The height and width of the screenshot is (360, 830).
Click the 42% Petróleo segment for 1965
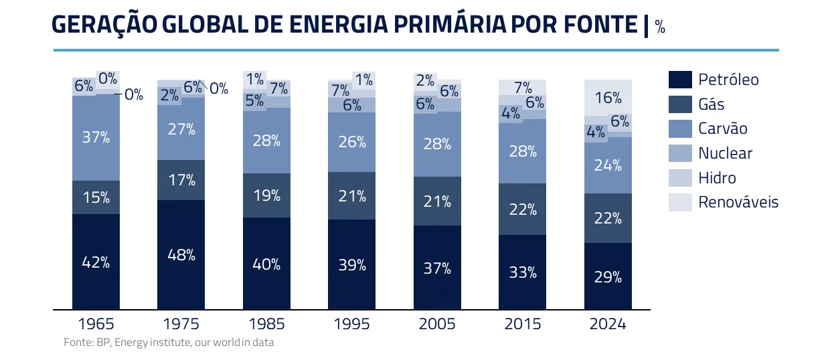(x=96, y=262)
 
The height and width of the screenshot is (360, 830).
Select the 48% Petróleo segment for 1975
(x=181, y=254)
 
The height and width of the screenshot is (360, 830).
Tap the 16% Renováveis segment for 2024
(x=608, y=98)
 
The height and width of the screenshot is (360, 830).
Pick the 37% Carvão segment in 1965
(x=96, y=138)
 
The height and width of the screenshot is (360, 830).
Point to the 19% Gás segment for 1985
(x=266, y=195)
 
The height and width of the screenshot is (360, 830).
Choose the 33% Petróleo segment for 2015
(x=523, y=272)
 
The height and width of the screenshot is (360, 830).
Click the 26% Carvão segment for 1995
(x=352, y=142)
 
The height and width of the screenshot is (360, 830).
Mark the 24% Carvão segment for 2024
(x=608, y=165)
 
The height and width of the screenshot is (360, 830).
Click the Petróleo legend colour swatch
(x=679, y=80)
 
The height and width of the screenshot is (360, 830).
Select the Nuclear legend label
(x=725, y=153)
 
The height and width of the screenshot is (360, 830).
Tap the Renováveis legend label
(x=738, y=202)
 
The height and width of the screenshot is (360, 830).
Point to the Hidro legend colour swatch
(x=679, y=177)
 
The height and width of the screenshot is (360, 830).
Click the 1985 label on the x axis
(x=266, y=324)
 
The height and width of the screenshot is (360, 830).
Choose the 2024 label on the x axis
(x=608, y=324)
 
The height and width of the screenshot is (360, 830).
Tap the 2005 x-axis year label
(x=437, y=324)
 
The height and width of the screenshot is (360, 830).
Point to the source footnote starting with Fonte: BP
(x=169, y=342)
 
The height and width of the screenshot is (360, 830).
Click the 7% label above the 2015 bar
(x=523, y=87)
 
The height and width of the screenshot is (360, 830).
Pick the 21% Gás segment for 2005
(x=437, y=201)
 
